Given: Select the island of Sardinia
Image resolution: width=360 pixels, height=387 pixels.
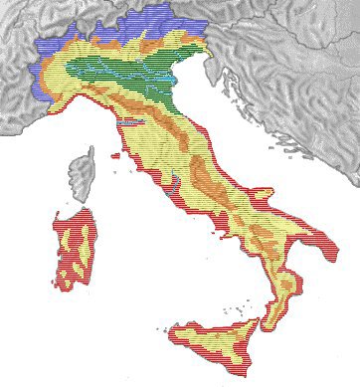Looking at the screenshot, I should click(75, 254).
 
